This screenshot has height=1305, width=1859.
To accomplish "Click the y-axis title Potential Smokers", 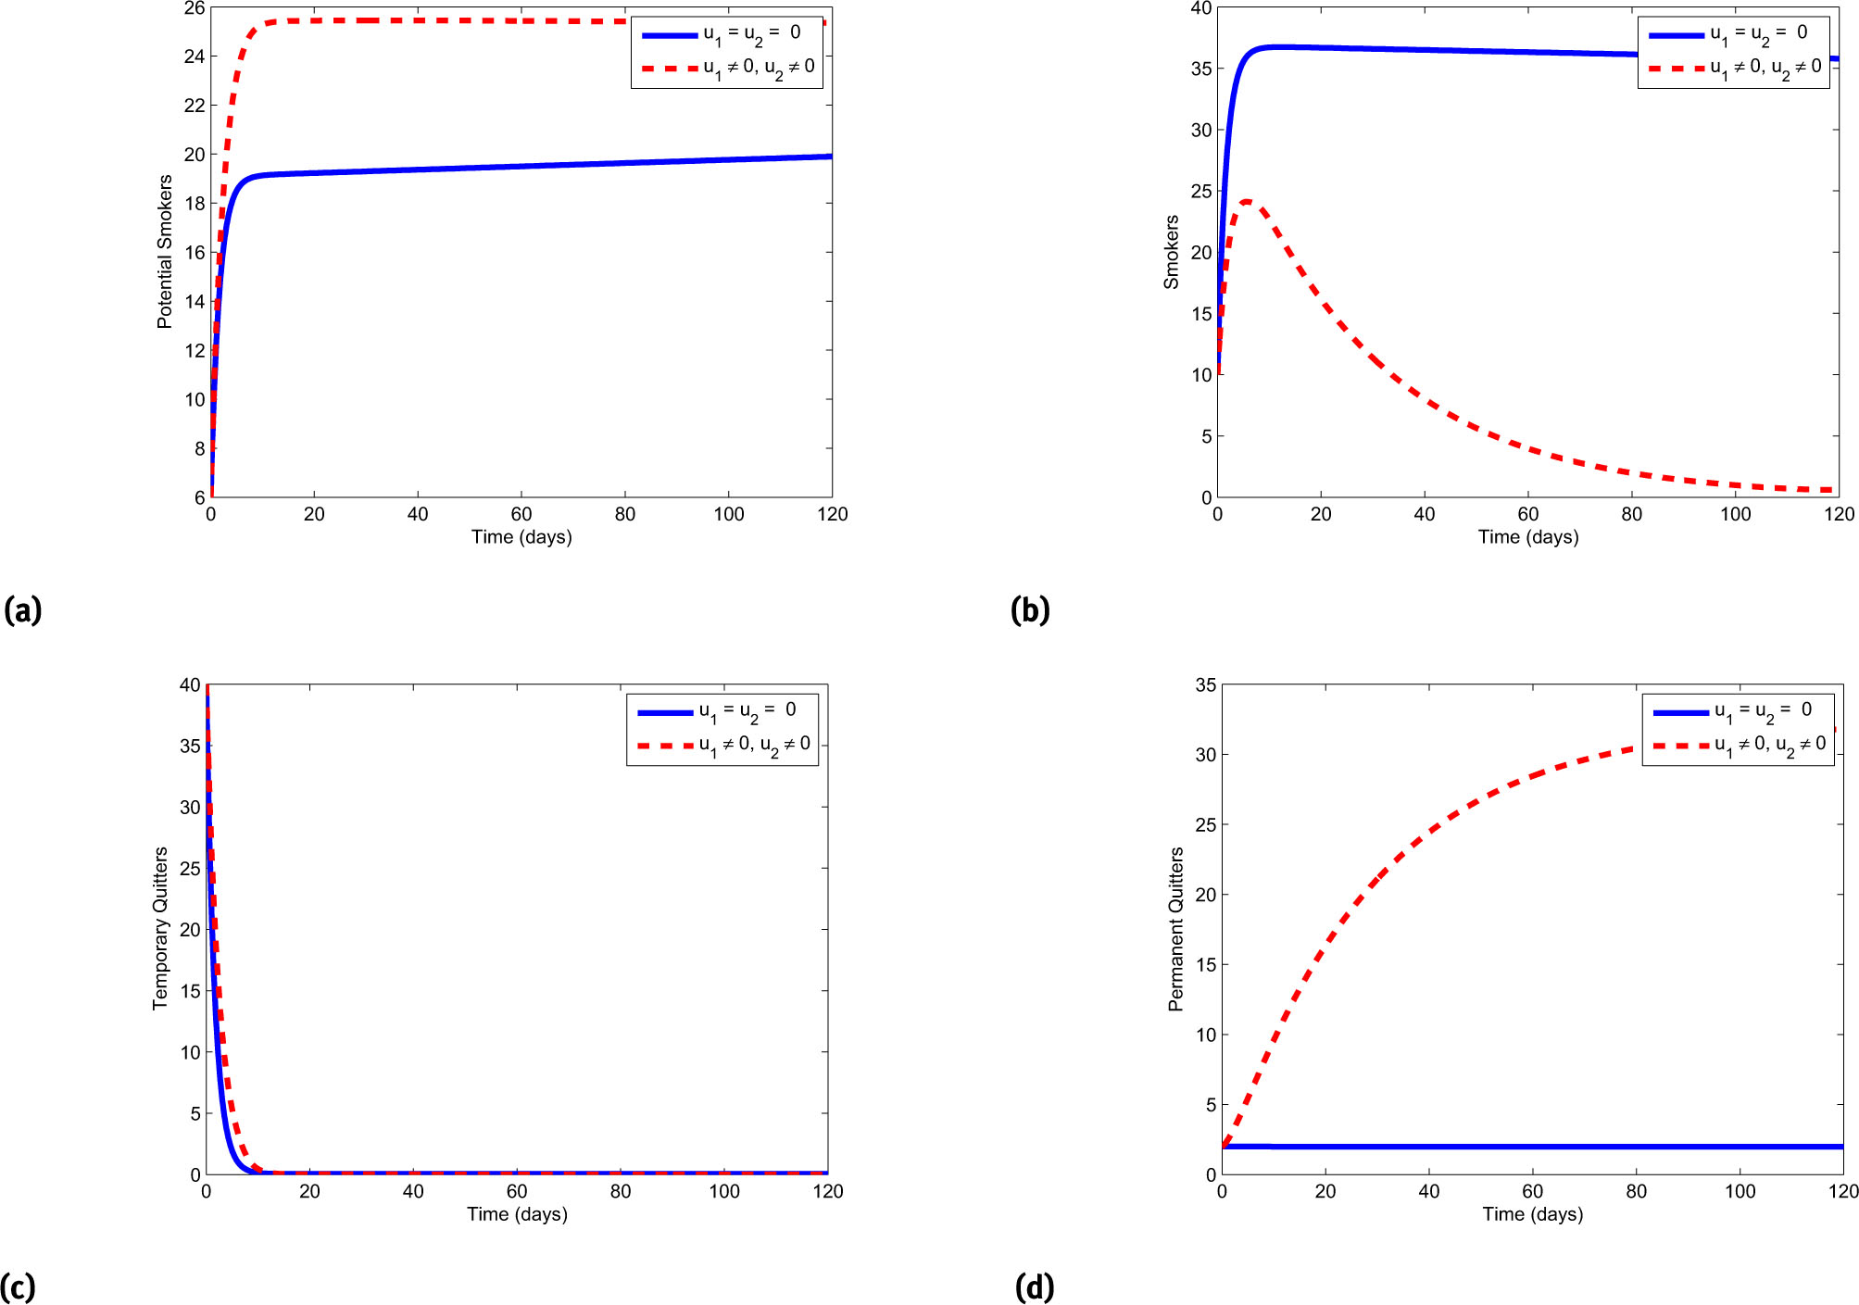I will coord(165,252).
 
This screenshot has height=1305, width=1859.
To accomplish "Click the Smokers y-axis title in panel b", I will coord(1172,252).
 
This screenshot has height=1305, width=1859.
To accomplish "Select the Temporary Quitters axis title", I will coord(160,928).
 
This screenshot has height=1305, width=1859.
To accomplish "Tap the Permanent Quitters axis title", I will coord(1176,928).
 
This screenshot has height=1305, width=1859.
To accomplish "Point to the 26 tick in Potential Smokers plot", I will coord(195,8).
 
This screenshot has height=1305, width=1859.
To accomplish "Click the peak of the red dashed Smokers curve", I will coord(1247,201).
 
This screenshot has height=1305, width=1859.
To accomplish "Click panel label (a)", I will coord(23,610).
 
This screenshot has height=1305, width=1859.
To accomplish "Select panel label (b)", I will coord(1030,610).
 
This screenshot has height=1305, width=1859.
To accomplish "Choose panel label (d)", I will coord(1035,1286).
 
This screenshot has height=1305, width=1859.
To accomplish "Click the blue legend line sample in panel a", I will coord(670,35).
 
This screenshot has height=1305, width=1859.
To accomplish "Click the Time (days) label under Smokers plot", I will coord(1528,537).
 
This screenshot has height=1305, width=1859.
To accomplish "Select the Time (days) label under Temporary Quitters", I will coord(517,1214).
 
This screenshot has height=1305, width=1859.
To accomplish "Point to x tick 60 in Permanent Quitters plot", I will coord(1533,1191).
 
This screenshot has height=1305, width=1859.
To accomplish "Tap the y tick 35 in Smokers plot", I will coord(1201,69).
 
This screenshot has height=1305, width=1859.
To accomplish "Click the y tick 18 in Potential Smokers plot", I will coord(195,204).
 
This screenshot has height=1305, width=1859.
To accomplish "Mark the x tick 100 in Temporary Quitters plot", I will coord(724,1191).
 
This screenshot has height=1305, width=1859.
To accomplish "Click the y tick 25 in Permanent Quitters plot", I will coord(1206,825).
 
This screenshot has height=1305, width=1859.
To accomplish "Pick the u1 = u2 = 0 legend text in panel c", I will coord(747,710).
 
